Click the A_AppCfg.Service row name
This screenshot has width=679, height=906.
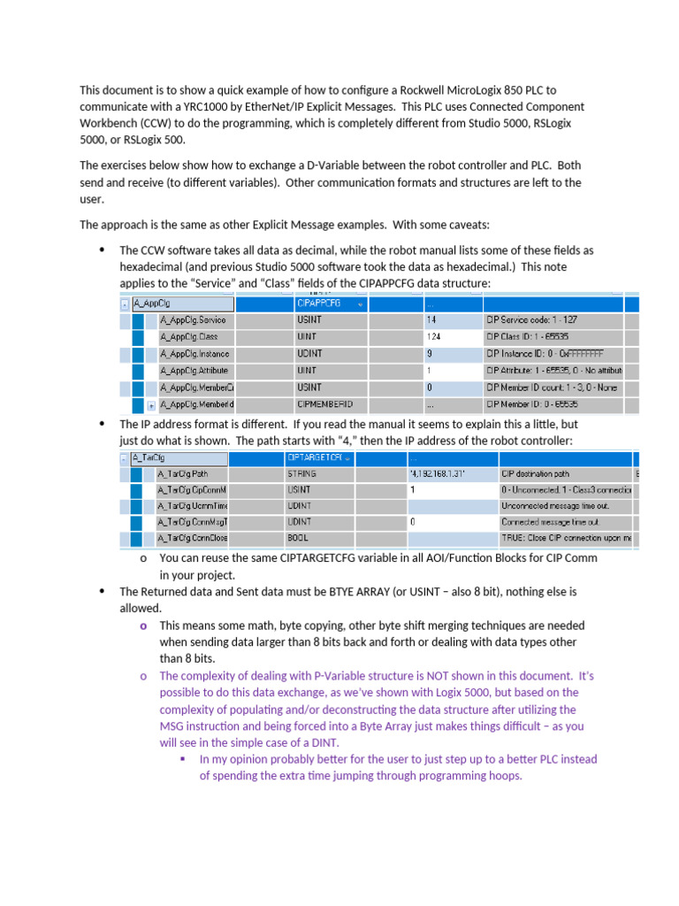193,320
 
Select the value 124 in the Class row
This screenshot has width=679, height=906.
432,337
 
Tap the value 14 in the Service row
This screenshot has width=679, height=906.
431,320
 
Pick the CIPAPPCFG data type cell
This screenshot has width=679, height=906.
318,303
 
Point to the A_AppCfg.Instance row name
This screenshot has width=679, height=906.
195,354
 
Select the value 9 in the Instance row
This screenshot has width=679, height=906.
429,354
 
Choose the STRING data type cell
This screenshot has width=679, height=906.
301,473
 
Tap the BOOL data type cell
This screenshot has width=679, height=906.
298,538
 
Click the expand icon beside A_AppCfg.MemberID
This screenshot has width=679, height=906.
151,405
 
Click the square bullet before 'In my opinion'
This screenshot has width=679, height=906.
182,759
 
